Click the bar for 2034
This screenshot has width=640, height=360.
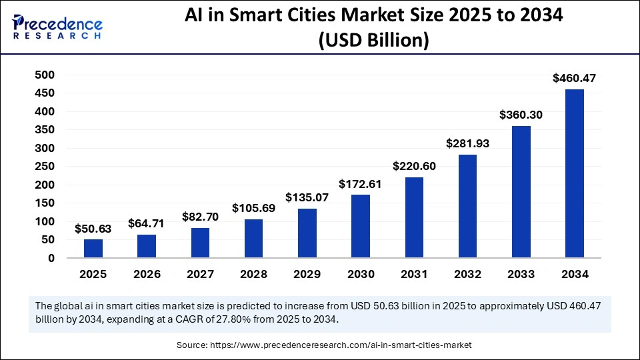coord(574,173)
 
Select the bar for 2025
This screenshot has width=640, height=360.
coord(93,248)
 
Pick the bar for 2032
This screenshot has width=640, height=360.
coord(467,206)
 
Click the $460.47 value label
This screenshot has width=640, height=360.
coord(574,78)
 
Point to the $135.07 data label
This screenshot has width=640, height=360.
coord(307,197)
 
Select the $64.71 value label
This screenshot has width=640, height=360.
coord(147,223)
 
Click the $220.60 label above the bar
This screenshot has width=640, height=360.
coord(414,166)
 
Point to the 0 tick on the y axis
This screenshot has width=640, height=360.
coord(51,258)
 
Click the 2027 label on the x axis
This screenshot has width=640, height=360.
coord(200,275)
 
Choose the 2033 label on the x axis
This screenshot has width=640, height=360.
coord(521,275)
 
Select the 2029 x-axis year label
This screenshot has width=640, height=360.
coord(307,275)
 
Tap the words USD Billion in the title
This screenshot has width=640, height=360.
coord(373,41)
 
